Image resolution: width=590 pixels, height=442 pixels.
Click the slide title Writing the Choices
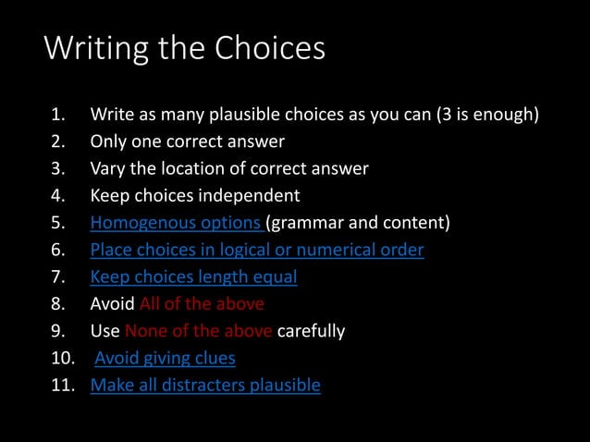point(185,49)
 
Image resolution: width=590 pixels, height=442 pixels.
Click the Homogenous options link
point(176,223)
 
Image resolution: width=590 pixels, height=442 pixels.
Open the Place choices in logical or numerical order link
point(257,250)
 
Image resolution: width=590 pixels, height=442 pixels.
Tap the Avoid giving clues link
point(166,358)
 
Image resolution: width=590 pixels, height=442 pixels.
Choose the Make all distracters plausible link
point(205,385)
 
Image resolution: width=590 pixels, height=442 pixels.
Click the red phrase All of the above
point(202,303)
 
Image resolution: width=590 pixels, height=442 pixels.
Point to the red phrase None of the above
point(199,331)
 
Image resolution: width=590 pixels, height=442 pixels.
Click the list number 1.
point(57,116)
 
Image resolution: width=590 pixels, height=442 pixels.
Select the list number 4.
point(57,196)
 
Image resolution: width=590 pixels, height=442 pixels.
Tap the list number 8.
point(57,304)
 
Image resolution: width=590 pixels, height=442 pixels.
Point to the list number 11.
point(61,385)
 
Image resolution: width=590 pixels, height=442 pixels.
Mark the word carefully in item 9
point(312,331)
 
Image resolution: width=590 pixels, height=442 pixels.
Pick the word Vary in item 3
point(107,169)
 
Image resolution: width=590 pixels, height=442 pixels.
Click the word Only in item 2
point(107,142)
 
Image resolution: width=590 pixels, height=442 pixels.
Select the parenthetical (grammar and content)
point(358,223)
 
